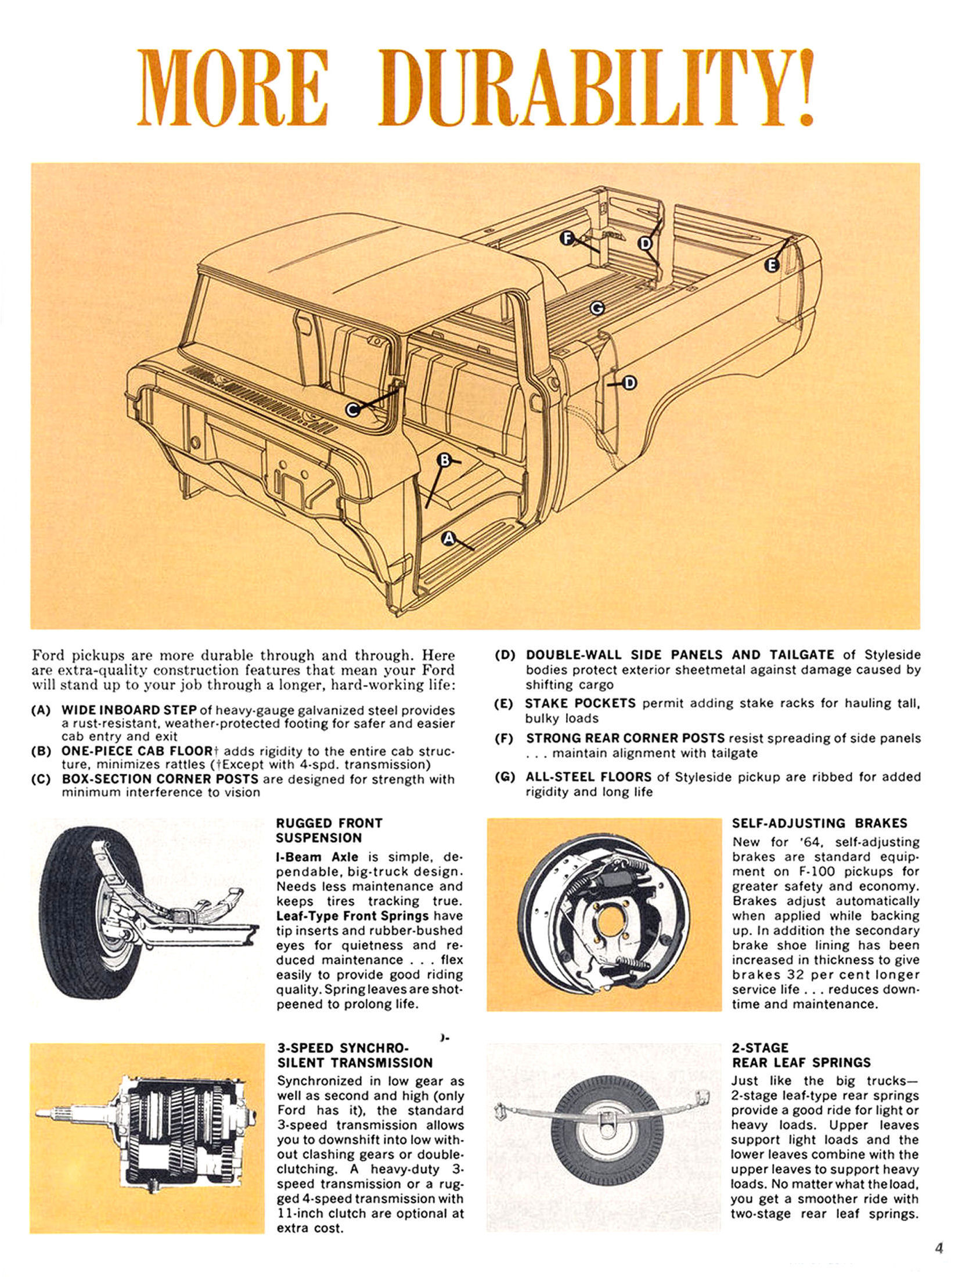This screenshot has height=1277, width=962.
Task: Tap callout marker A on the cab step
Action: tap(448, 539)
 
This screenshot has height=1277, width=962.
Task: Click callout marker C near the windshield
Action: tap(352, 410)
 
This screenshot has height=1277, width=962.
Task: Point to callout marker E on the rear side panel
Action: tap(772, 265)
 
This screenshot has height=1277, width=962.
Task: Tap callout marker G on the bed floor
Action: tap(596, 308)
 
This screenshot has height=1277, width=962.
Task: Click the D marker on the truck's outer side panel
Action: tap(630, 383)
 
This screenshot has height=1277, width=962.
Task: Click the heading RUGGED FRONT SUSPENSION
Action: tap(329, 831)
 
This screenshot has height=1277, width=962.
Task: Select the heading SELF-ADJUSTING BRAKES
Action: tap(819, 823)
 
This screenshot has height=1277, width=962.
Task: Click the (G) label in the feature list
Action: tap(505, 777)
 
